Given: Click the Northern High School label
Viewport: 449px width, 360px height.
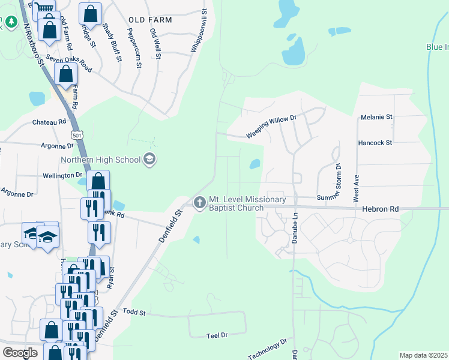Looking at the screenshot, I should (x=100, y=160).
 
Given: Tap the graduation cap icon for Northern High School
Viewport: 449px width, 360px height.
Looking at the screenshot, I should (x=149, y=160).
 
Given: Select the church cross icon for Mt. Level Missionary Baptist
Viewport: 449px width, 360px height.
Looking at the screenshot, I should (x=199, y=203).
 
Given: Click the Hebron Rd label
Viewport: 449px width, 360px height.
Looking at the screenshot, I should (x=380, y=209).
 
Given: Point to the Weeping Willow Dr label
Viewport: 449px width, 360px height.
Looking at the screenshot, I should (x=271, y=128).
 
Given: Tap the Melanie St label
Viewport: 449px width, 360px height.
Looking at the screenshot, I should (x=376, y=117).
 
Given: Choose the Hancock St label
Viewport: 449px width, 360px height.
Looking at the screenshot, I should (x=375, y=143).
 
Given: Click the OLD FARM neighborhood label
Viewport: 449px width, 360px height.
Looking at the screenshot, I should (x=150, y=20).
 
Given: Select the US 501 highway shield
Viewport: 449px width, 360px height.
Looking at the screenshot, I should (x=77, y=136).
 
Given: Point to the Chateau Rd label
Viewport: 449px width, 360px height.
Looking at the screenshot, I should (x=49, y=122).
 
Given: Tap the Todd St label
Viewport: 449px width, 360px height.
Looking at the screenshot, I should (x=134, y=313).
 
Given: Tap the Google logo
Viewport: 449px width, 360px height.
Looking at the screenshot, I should (x=20, y=353).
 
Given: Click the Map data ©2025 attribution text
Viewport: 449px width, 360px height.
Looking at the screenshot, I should (x=423, y=355).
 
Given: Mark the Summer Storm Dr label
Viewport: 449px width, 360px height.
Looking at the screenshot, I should (x=336, y=180).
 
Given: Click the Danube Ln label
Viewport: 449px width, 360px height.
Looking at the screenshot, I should (x=295, y=222).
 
